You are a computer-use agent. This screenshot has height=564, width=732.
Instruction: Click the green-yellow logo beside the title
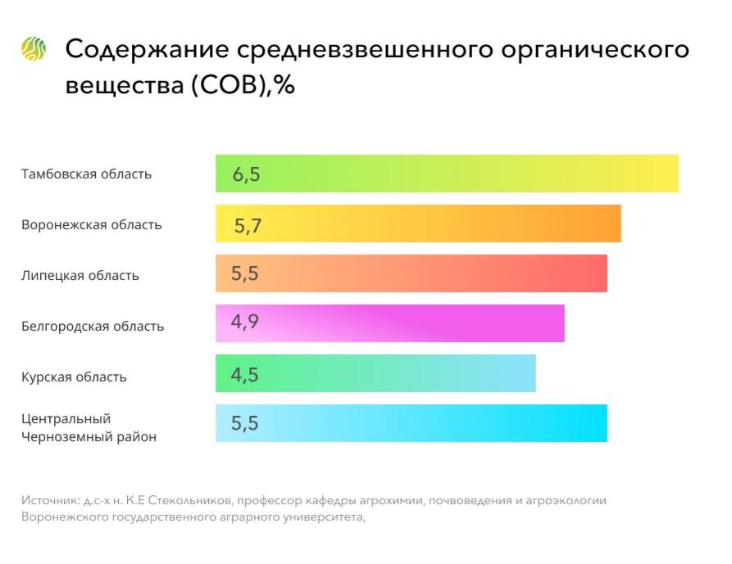click(x=34, y=49)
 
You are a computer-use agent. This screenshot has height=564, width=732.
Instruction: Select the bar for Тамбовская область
click(x=447, y=174)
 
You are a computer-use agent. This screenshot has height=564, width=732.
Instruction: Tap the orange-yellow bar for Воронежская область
click(x=418, y=223)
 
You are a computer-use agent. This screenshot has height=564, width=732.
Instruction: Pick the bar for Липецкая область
click(x=411, y=273)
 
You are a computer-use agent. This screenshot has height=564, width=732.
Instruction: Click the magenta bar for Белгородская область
click(x=389, y=323)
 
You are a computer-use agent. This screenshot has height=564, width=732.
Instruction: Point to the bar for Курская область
click(x=375, y=373)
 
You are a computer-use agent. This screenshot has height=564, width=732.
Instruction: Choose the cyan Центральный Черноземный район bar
click(x=411, y=423)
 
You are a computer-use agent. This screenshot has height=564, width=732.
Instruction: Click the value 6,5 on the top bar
click(x=247, y=174)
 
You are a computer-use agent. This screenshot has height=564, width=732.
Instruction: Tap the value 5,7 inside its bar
click(x=248, y=225)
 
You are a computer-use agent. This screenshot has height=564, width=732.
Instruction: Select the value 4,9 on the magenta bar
click(x=245, y=322)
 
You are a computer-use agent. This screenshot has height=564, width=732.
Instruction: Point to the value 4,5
click(x=245, y=375)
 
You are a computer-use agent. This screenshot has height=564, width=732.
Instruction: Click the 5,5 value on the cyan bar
click(x=245, y=424)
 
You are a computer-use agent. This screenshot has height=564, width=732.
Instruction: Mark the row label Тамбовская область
click(x=86, y=174)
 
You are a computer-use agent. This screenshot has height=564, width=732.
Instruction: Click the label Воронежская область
click(x=92, y=225)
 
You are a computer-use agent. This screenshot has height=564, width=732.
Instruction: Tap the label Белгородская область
click(x=93, y=326)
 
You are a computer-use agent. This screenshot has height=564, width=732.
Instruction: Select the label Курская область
click(x=74, y=377)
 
